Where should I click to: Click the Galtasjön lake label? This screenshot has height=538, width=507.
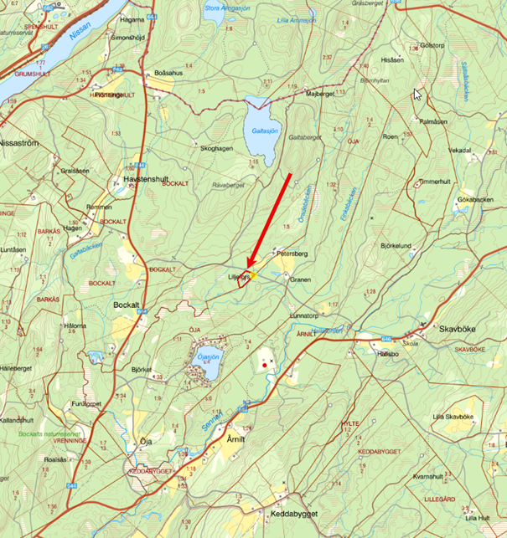(261, 131)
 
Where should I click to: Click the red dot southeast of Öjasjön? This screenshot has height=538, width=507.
(265, 365)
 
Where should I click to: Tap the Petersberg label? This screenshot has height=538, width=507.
(292, 252)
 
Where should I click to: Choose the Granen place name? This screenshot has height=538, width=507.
(300, 279)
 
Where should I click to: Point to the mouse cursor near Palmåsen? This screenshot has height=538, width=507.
(417, 94)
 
